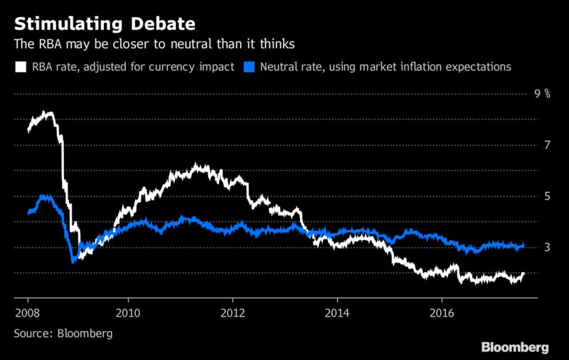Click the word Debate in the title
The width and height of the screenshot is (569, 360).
tap(163, 24)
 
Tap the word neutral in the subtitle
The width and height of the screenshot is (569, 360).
tap(191, 44)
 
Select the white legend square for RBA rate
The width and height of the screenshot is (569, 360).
tap(21, 67)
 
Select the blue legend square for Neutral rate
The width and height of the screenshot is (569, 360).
tap(249, 67)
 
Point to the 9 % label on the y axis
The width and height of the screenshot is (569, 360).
tap(542, 94)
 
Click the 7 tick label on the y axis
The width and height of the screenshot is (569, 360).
tap(547, 145)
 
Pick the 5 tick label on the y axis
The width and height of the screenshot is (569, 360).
tap(547, 196)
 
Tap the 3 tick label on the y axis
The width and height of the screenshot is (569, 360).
tap(547, 248)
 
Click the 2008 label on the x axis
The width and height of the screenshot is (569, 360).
tap(28, 313)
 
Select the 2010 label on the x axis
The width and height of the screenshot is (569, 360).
tap(128, 313)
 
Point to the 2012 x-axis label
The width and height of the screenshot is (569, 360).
tap(233, 313)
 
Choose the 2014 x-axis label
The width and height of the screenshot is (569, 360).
tap(337, 313)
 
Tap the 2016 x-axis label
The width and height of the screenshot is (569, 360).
tap(442, 313)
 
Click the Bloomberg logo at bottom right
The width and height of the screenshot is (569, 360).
tap(515, 347)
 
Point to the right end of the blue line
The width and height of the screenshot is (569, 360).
tap(523, 245)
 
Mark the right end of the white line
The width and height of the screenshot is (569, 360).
tap(524, 273)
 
